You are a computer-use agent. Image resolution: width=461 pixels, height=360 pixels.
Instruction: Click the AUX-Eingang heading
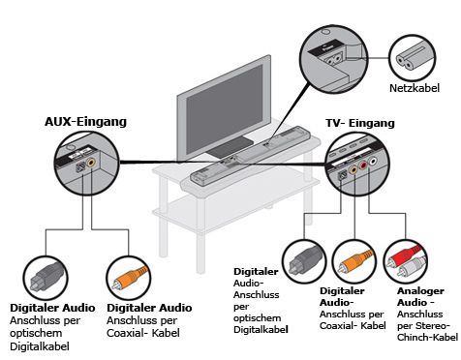tap(85, 122)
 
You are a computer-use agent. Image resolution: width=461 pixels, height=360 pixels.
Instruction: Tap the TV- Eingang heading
tap(360, 123)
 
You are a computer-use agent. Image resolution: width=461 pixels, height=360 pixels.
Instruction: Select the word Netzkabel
tap(415, 88)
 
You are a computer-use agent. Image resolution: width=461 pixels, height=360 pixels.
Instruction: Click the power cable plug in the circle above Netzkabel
tap(410, 58)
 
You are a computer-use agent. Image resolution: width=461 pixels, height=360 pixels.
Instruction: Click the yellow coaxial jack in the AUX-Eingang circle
tap(91, 163)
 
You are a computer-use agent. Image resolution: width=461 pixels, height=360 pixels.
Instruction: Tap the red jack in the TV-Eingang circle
tap(363, 165)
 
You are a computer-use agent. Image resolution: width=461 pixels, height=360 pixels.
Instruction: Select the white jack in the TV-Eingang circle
tap(373, 161)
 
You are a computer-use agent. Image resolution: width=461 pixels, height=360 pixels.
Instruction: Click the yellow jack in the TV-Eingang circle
tap(353, 169)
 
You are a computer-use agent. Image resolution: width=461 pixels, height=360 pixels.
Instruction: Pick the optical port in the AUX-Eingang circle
tap(80, 168)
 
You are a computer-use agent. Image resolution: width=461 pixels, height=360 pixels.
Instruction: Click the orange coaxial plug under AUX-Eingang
tap(129, 278)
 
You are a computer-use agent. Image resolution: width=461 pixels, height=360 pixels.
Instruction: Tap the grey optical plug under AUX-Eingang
tap(46, 277)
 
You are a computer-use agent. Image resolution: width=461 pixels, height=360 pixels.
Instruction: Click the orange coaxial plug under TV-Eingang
tap(354, 262)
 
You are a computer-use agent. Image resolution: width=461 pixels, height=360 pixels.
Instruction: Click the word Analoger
tap(420, 291)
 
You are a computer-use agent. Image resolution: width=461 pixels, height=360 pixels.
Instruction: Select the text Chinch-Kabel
tap(427, 338)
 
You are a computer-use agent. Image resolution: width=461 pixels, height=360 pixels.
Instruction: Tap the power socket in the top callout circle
tap(332, 59)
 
